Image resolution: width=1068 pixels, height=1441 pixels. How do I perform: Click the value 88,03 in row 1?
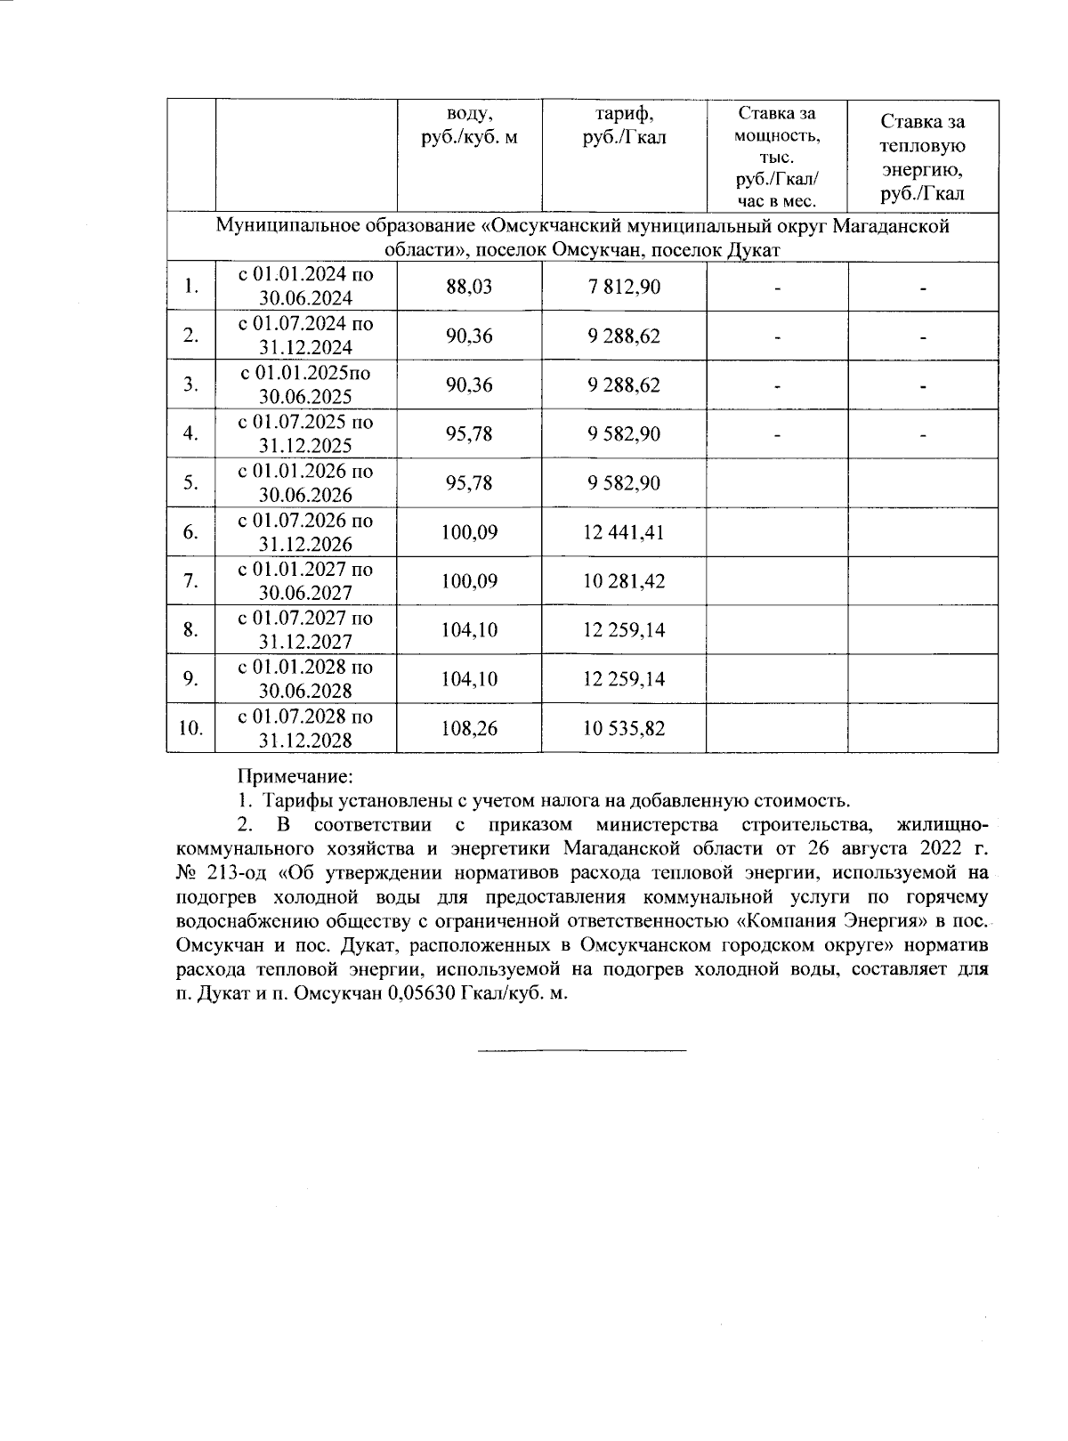point(468,287)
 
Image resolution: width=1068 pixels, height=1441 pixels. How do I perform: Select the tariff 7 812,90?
point(624,287)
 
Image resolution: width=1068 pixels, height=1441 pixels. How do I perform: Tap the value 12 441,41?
point(624,532)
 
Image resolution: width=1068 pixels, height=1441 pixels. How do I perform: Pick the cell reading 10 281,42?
point(624,581)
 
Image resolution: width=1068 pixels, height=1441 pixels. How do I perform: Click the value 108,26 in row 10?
point(469,728)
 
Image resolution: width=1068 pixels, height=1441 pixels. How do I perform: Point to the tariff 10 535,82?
point(624,728)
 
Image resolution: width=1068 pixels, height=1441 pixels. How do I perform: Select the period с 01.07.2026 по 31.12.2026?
point(305,532)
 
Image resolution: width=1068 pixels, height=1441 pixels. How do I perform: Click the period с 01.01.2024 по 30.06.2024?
point(305,287)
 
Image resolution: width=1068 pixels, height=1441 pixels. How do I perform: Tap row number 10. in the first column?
point(190,728)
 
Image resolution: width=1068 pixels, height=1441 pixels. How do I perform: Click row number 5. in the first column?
point(190,483)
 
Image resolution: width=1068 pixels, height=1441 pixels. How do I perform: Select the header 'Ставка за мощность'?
point(776,157)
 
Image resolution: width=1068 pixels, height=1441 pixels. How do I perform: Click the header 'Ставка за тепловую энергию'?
point(922,157)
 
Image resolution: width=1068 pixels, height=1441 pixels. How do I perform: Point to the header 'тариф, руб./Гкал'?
point(624,125)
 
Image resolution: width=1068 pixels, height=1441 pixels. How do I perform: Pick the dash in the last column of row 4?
point(923,435)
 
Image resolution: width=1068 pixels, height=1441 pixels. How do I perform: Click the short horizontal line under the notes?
point(582,1051)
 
